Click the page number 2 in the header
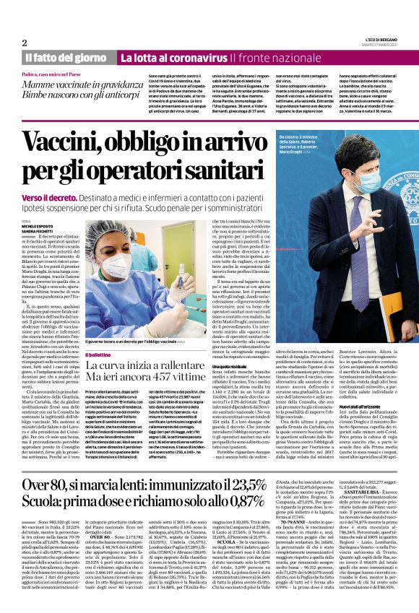click(25, 43)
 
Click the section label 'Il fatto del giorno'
click(67, 57)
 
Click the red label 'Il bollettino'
click(99, 355)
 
